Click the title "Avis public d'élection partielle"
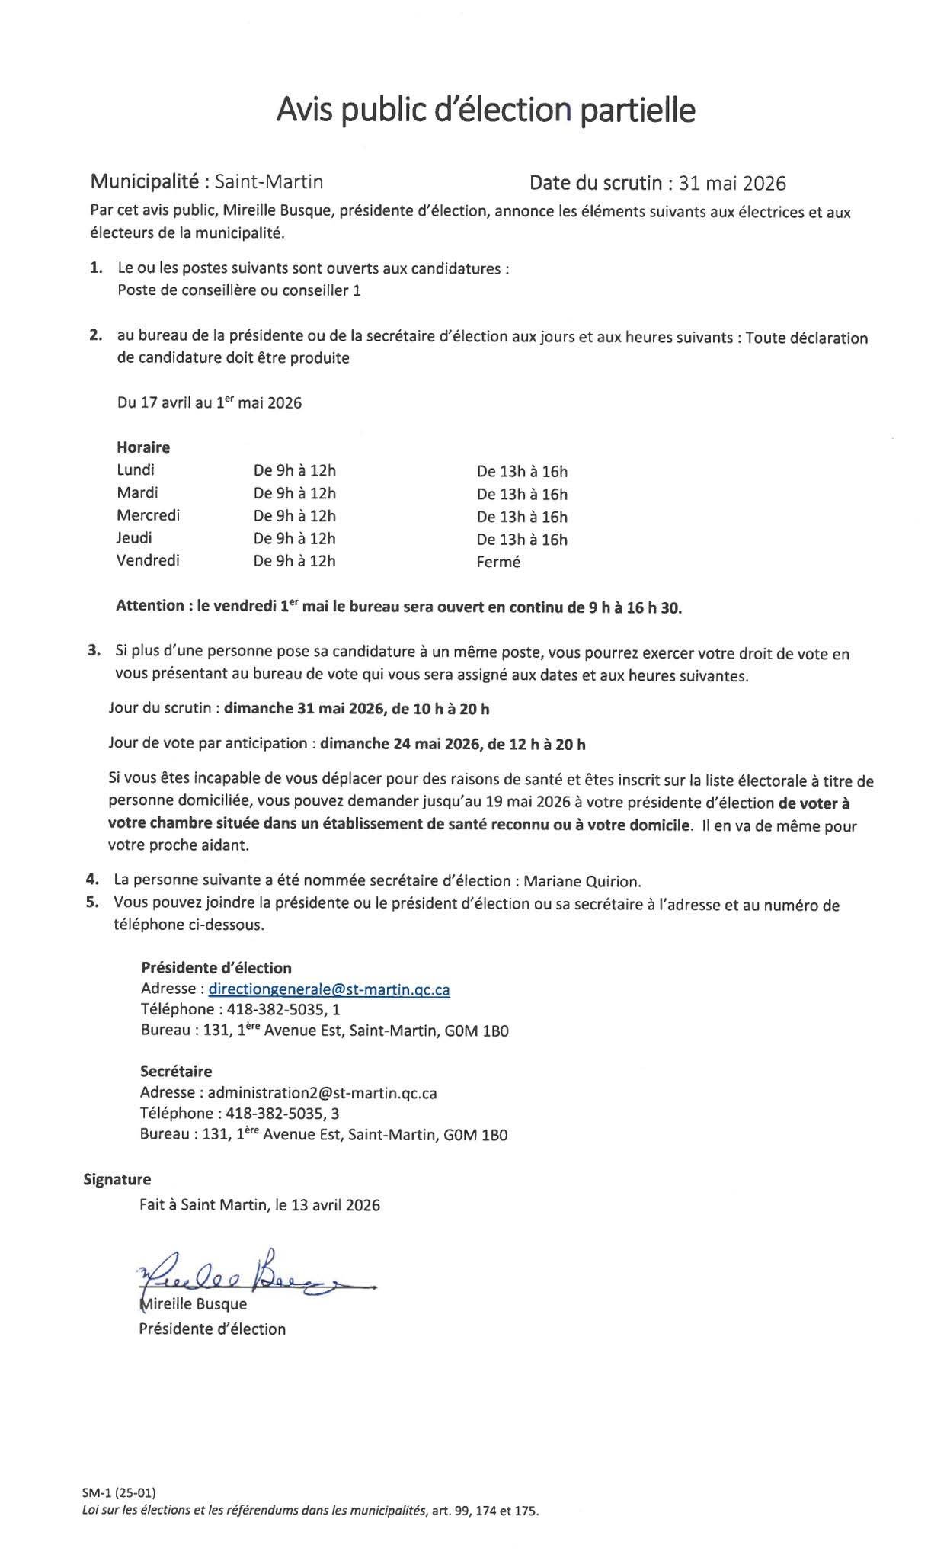(485, 111)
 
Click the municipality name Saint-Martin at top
(269, 181)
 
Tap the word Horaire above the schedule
(143, 447)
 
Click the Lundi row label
(136, 470)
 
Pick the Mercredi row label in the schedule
(149, 515)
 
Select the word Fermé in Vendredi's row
(498, 563)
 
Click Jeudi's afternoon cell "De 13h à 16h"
(522, 540)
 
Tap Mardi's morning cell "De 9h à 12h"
(295, 493)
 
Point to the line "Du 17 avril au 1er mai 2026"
(210, 403)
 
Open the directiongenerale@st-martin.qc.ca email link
(328, 989)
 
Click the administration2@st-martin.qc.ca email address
(322, 1093)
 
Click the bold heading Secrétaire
(176, 1072)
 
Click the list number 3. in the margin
(94, 651)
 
